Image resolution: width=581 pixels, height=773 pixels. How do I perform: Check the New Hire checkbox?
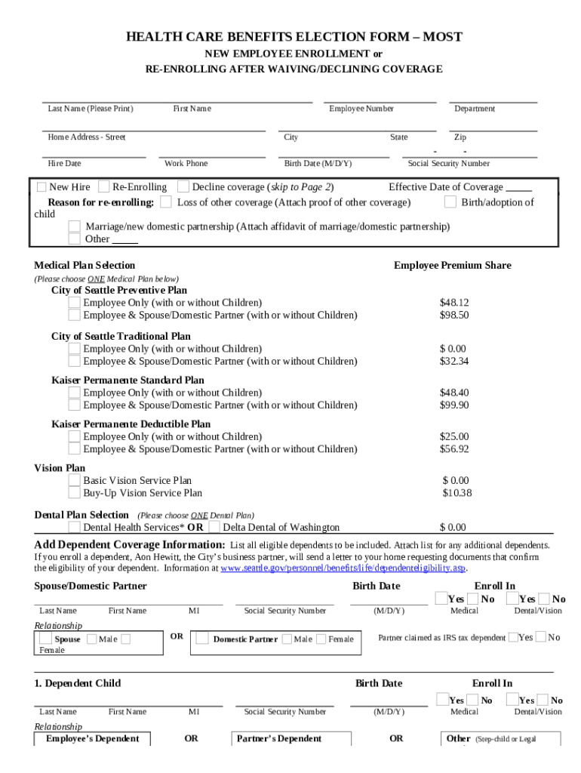[x=41, y=187]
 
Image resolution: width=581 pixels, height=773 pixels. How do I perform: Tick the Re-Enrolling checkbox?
[x=105, y=187]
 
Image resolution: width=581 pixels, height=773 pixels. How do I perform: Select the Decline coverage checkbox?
[x=183, y=186]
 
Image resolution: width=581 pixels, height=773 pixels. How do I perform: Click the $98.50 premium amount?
[x=454, y=316]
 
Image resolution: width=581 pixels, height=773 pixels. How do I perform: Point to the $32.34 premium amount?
[x=454, y=362]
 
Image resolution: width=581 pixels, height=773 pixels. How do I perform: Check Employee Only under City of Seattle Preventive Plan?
[x=75, y=303]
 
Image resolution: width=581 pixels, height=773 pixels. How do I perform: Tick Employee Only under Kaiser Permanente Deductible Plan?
[x=75, y=437]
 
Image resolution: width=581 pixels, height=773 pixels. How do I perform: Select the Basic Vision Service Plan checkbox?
[x=75, y=481]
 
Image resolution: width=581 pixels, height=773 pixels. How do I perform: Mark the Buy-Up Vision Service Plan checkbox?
[x=75, y=494]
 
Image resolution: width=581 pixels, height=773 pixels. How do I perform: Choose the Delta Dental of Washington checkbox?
[x=215, y=527]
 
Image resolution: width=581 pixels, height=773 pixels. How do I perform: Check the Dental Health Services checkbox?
[x=75, y=527]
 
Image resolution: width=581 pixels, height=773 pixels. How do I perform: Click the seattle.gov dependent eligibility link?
[x=343, y=568]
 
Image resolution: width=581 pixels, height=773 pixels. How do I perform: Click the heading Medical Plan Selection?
[x=85, y=266]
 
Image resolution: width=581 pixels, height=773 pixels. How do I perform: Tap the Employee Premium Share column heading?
[x=452, y=266]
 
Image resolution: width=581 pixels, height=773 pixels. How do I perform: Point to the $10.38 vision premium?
[x=457, y=494]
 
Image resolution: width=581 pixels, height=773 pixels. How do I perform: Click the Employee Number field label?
[x=361, y=109]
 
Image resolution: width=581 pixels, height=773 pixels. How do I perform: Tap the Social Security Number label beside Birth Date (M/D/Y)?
[x=448, y=164]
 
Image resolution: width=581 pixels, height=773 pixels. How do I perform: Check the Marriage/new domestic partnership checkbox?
[x=75, y=226]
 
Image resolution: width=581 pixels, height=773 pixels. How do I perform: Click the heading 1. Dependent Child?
[x=77, y=684]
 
